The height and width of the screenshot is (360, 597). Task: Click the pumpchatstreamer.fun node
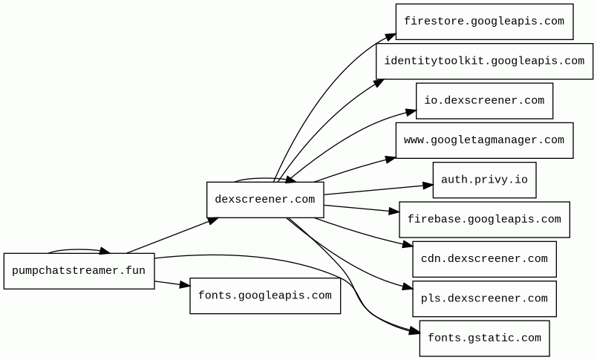[79, 271]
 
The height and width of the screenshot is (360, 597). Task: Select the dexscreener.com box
[265, 200]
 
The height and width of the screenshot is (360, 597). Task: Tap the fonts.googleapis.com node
[265, 295]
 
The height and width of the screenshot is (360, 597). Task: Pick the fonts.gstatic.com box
[484, 338]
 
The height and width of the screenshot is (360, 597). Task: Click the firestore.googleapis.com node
[484, 22]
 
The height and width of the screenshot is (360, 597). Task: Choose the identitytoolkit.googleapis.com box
[484, 61]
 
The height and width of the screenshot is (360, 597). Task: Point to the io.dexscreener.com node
[484, 101]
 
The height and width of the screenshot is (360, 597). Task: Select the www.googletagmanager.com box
[484, 140]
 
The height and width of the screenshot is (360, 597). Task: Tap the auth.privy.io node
[484, 180]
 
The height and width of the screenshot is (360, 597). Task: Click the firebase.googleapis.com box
[484, 220]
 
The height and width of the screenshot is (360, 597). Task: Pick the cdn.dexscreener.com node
[484, 259]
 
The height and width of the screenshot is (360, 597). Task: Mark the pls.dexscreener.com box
[484, 299]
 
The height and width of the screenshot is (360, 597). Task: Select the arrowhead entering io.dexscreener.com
[411, 112]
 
